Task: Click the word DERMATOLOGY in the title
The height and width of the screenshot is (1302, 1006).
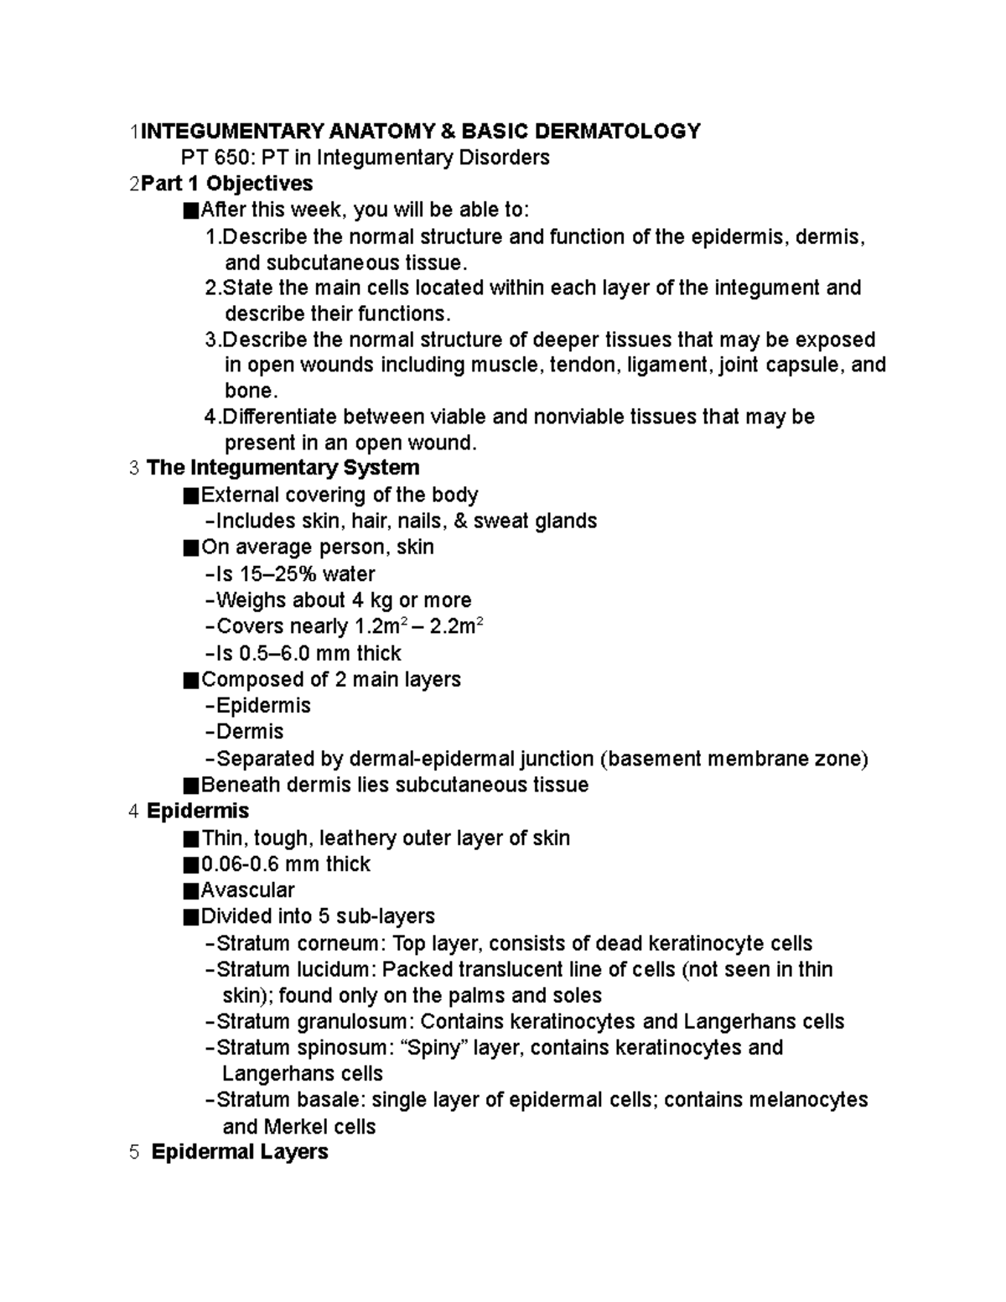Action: click(617, 131)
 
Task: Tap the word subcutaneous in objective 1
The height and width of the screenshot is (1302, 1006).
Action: click(323, 262)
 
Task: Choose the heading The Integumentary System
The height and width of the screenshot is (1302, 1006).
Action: click(283, 467)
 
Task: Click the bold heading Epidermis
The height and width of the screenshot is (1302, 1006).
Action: click(197, 811)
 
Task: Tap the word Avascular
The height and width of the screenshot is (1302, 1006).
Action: click(248, 890)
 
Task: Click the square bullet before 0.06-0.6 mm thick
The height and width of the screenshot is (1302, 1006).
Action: click(190, 864)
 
